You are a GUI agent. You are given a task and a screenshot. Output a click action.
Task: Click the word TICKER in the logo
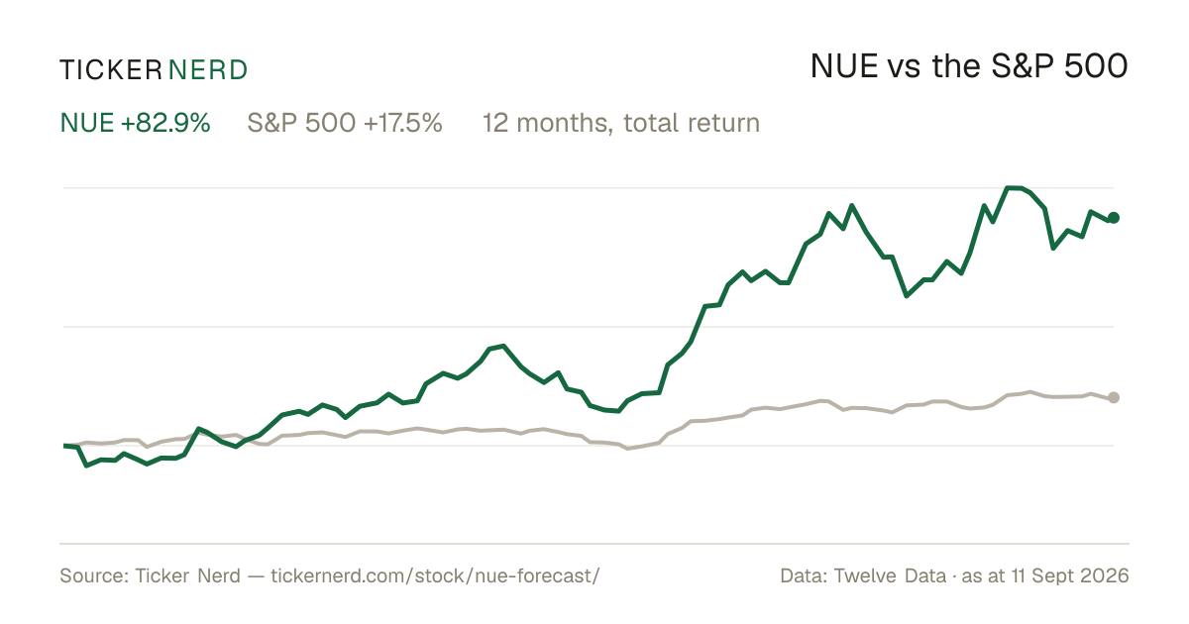click(x=110, y=70)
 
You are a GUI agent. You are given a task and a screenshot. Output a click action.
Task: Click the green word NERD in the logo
click(x=207, y=70)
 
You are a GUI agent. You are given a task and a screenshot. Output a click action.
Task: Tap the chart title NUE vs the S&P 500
click(x=969, y=66)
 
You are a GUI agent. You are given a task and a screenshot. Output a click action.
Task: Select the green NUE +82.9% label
click(x=136, y=123)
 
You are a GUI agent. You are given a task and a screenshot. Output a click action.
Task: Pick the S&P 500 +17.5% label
click(x=345, y=123)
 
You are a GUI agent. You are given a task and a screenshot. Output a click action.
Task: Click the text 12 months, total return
click(x=621, y=123)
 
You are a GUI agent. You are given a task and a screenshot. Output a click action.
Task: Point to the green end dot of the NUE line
click(x=1114, y=218)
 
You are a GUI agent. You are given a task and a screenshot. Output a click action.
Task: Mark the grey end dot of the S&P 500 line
click(x=1114, y=397)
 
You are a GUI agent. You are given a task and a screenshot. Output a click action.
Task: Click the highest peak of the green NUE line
click(x=1014, y=187)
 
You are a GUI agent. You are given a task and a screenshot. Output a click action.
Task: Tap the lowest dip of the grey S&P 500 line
click(x=628, y=449)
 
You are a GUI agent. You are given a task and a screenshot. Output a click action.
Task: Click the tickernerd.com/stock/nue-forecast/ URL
click(x=435, y=575)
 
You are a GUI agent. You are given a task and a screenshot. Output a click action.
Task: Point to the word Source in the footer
click(x=93, y=575)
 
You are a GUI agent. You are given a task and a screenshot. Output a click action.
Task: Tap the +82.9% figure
click(x=165, y=123)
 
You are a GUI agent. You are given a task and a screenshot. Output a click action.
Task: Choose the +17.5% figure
click(x=403, y=123)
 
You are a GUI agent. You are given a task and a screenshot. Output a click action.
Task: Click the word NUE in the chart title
click(x=844, y=66)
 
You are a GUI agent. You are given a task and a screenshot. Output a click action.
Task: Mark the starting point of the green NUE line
click(x=63, y=446)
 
